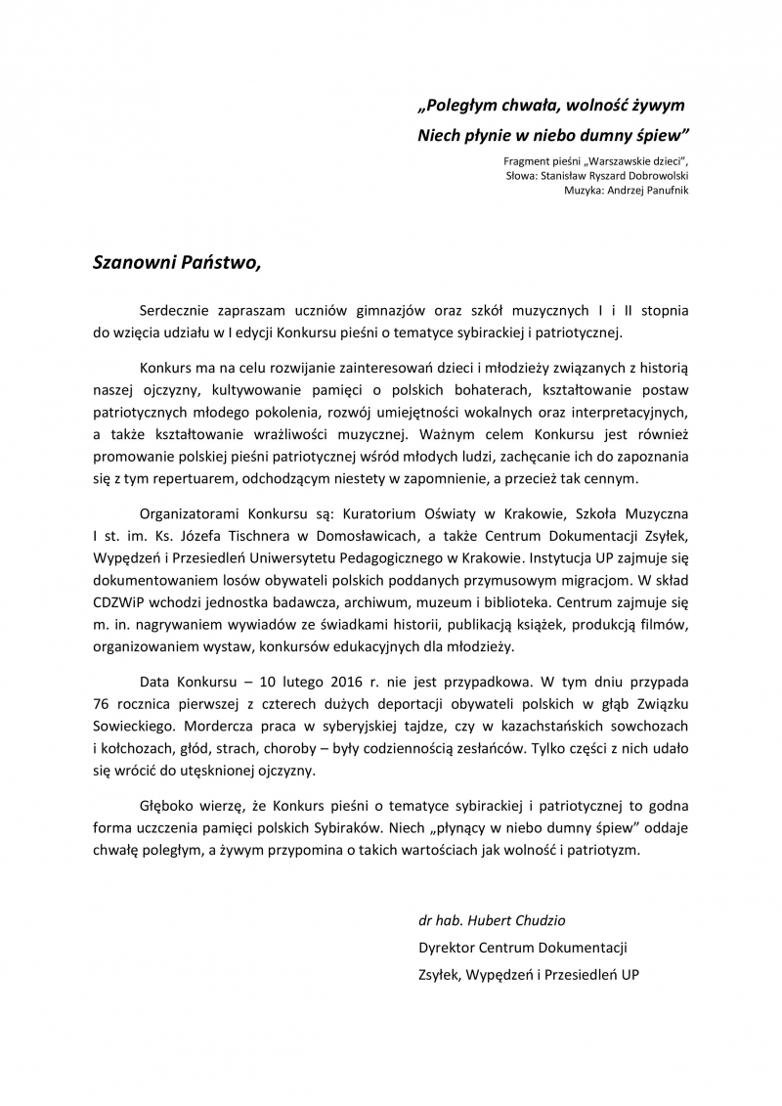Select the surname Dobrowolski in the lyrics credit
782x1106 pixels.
pyautogui.click(x=652, y=175)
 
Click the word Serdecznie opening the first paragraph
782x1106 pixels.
pyautogui.click(x=179, y=310)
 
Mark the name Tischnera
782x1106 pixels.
pyautogui.click(x=280, y=534)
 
